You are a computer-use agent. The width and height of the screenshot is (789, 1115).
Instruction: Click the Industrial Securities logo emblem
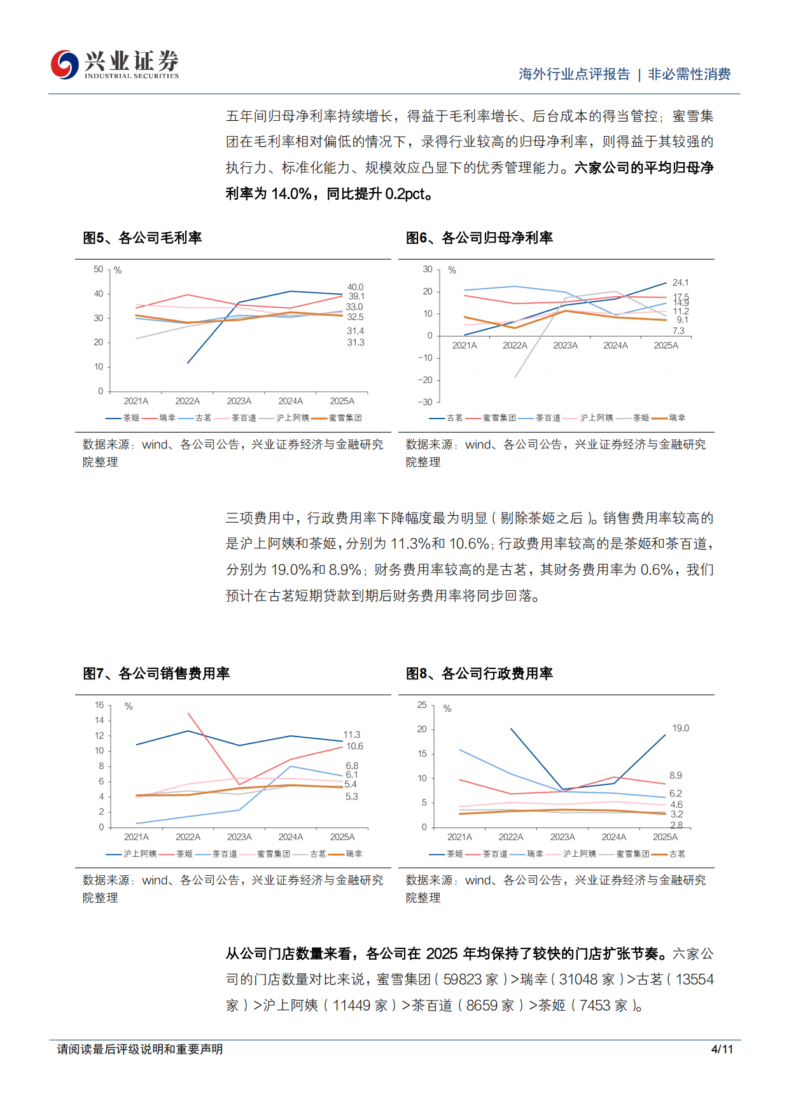pyautogui.click(x=65, y=64)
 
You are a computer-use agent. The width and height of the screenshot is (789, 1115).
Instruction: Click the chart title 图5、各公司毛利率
pyautogui.click(x=142, y=238)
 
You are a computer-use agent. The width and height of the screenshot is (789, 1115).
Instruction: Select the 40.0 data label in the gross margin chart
pyautogui.click(x=355, y=287)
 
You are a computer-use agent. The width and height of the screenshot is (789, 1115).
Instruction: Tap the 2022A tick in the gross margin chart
pyautogui.click(x=187, y=401)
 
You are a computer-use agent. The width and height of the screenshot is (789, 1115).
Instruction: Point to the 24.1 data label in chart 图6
pyautogui.click(x=680, y=282)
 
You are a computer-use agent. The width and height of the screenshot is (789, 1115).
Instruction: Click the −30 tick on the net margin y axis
pyautogui.click(x=425, y=402)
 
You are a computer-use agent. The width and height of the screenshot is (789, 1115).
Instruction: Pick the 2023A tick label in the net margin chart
pyautogui.click(x=565, y=345)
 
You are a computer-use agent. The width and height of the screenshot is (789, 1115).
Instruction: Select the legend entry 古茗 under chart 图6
pyautogui.click(x=454, y=418)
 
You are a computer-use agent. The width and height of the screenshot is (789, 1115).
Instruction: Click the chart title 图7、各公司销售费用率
pyautogui.click(x=156, y=674)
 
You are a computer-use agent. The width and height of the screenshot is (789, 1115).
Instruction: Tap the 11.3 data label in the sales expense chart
pyautogui.click(x=351, y=735)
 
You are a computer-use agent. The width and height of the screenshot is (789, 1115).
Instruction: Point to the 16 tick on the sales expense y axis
pyautogui.click(x=99, y=705)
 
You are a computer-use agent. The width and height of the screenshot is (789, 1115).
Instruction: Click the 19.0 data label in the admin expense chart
pyautogui.click(x=680, y=728)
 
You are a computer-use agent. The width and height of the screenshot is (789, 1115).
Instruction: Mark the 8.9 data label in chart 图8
pyautogui.click(x=675, y=775)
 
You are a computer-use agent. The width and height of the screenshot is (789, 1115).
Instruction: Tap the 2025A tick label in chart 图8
pyautogui.click(x=665, y=837)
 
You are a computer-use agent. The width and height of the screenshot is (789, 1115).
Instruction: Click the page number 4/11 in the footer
pyautogui.click(x=722, y=1049)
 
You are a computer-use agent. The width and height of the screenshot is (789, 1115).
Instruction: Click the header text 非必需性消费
pyautogui.click(x=689, y=74)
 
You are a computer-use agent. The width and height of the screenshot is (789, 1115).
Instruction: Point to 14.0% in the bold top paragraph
pyautogui.click(x=291, y=194)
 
